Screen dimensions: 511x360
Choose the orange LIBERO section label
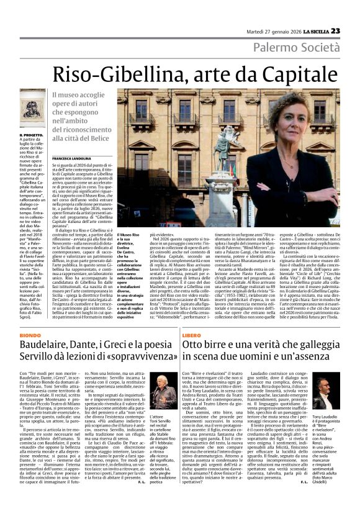[191, 335]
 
